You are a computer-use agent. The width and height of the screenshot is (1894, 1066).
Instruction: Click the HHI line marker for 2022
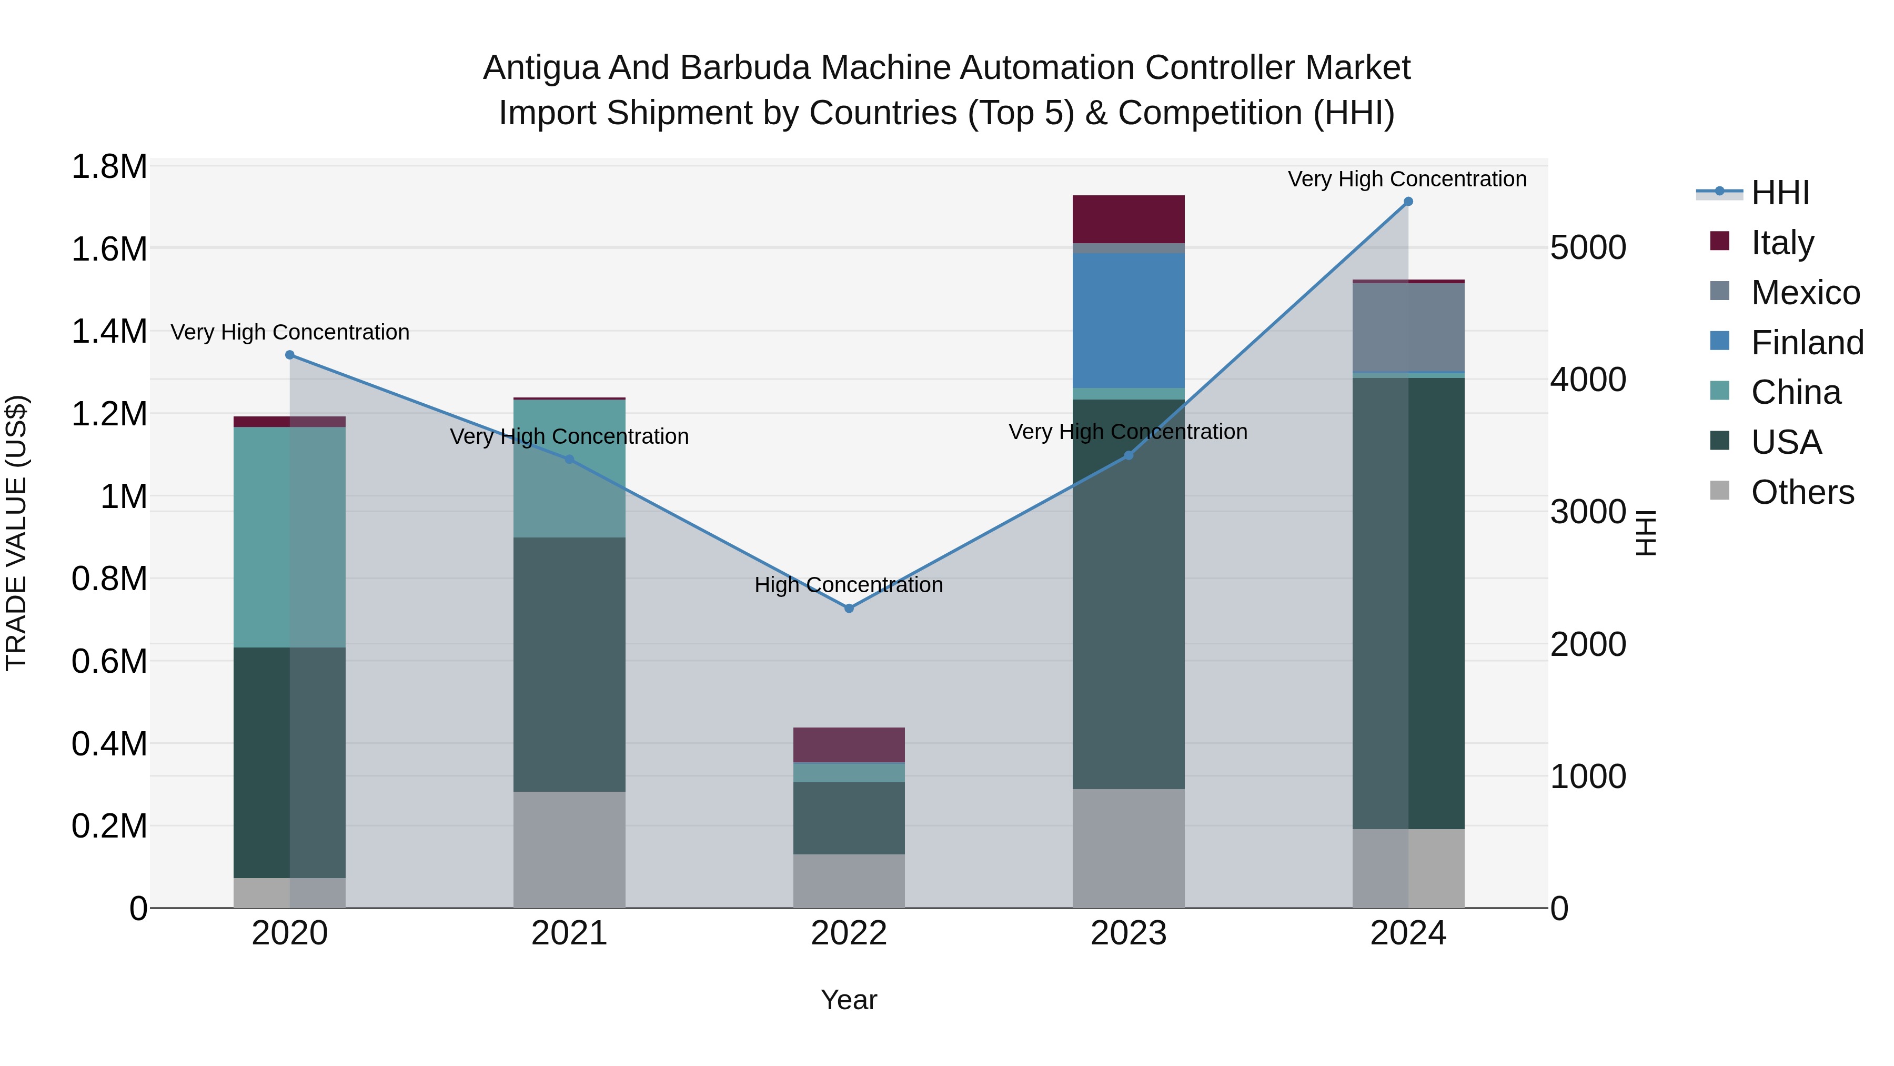pos(849,609)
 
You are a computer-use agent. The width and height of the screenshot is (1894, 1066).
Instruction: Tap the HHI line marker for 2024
pos(1408,202)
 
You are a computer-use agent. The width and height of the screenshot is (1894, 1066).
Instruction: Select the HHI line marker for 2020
pos(290,355)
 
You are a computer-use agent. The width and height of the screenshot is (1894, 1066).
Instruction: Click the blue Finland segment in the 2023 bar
pos(1128,320)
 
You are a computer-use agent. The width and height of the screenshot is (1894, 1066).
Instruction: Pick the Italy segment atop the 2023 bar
pos(1128,219)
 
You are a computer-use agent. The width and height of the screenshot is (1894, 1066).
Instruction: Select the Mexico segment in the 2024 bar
pos(1408,327)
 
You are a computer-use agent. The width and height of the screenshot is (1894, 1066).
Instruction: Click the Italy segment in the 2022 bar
pos(849,744)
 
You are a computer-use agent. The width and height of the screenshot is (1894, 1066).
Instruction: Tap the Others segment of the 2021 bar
pos(569,849)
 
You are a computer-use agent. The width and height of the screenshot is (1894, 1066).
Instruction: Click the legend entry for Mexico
pos(1805,293)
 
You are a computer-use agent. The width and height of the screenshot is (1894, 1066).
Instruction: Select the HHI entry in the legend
pos(1779,193)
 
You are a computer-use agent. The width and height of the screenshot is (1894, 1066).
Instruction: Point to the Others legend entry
pos(1801,492)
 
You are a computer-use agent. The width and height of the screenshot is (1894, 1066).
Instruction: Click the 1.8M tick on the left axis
pos(109,167)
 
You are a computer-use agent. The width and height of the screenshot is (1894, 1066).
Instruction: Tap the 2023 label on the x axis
pos(1128,933)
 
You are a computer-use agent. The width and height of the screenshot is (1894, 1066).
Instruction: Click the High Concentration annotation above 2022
pos(849,585)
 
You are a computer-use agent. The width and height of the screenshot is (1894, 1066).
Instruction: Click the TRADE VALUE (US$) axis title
pos(17,533)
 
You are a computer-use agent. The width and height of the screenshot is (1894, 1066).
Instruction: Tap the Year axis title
pos(849,1000)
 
